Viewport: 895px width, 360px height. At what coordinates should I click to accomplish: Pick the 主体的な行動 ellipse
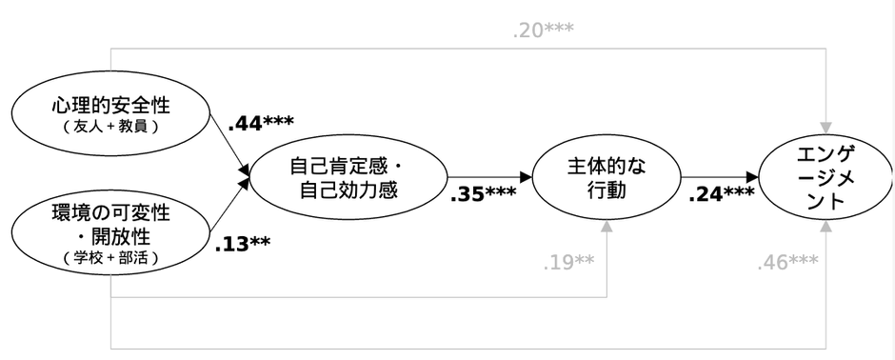click(606, 177)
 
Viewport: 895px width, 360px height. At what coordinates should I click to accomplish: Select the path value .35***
click(483, 194)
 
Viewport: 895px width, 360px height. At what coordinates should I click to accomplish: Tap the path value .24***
click(720, 194)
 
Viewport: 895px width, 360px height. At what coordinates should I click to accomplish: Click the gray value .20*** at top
click(543, 30)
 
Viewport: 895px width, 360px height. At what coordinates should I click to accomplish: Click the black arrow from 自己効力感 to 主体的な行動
click(490, 177)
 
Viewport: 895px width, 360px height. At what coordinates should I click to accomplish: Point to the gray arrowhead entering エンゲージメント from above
click(825, 127)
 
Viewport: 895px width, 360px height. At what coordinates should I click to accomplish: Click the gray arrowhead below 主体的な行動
click(607, 230)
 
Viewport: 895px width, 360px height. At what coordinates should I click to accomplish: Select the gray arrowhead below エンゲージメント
click(825, 229)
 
